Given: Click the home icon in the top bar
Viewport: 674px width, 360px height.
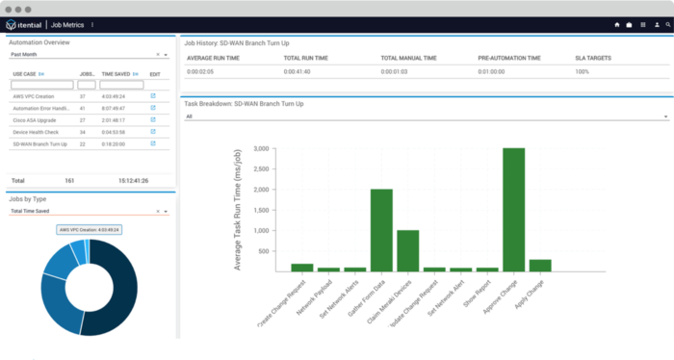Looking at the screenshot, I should (x=616, y=24).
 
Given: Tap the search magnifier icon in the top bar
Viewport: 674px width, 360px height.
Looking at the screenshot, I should (x=668, y=24).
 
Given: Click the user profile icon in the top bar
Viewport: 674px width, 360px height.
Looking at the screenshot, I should (x=656, y=24).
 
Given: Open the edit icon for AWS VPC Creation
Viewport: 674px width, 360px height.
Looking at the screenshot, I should (x=153, y=96).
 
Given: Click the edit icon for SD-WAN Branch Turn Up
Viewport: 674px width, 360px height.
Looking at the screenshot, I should (x=153, y=143).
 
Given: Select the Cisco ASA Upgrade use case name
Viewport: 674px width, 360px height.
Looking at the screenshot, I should (x=35, y=119).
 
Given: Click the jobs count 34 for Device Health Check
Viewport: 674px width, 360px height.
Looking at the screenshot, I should (x=84, y=132).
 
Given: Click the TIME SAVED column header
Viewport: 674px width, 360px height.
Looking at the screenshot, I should (x=117, y=73).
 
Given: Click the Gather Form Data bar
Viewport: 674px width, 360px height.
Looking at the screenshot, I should (x=381, y=229).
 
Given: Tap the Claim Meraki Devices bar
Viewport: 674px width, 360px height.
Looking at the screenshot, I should (x=407, y=250).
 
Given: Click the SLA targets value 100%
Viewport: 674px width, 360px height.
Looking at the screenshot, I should (x=582, y=72).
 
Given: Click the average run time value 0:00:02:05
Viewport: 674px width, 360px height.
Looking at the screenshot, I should (x=206, y=72).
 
